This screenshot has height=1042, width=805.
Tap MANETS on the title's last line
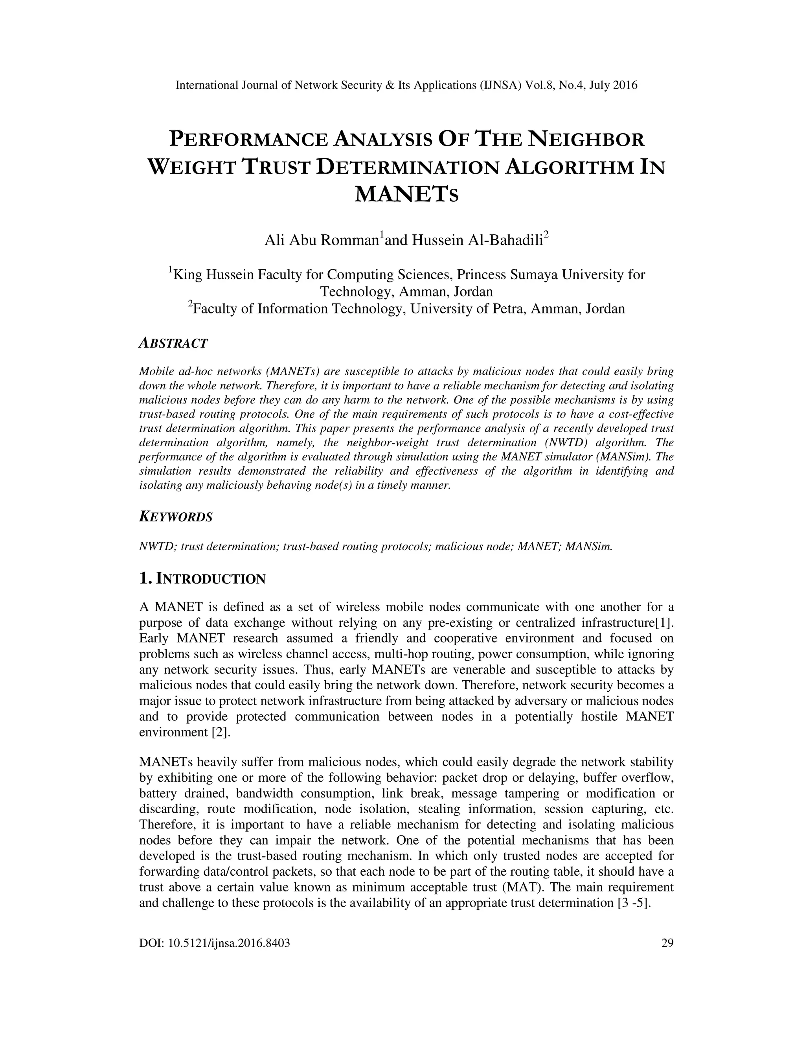(x=406, y=194)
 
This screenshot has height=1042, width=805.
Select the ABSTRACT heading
(x=173, y=343)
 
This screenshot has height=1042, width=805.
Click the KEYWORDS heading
(x=175, y=517)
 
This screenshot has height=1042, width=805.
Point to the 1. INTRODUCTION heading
(x=202, y=579)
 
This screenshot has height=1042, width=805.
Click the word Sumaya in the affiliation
(x=534, y=275)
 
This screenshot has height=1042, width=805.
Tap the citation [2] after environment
(x=221, y=733)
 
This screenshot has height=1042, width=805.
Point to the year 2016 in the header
(x=625, y=85)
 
